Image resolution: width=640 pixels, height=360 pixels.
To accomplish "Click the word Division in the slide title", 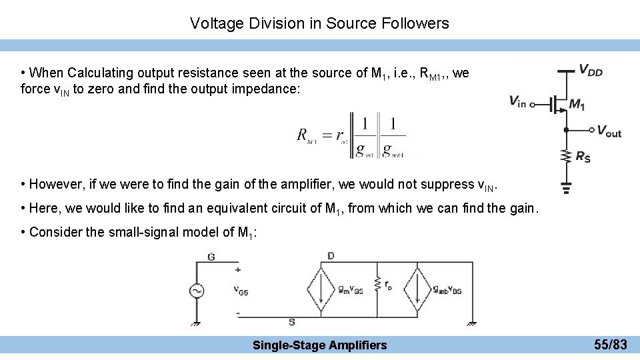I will click(275, 23).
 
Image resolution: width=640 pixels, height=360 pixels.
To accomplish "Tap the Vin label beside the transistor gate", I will click(517, 101).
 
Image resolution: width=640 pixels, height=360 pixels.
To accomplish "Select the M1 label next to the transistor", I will click(577, 105).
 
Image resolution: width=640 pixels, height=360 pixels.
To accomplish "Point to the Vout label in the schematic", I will click(609, 131).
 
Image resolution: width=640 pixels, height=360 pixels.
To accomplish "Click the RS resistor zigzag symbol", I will click(565, 156).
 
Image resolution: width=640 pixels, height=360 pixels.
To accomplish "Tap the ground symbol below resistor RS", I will click(565, 188).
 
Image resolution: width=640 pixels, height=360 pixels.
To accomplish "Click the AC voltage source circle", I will click(197, 291).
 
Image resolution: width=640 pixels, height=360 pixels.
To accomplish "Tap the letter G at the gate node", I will click(212, 257).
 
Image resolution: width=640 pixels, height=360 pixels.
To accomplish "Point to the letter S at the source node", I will click(291, 323).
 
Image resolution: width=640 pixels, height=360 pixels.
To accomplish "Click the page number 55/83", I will click(611, 345).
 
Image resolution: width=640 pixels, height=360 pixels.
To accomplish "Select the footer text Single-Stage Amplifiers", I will click(319, 345).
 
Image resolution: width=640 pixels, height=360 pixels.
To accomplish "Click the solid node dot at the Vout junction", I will click(565, 131).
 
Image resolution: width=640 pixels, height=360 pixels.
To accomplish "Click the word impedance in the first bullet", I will click(272, 89).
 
